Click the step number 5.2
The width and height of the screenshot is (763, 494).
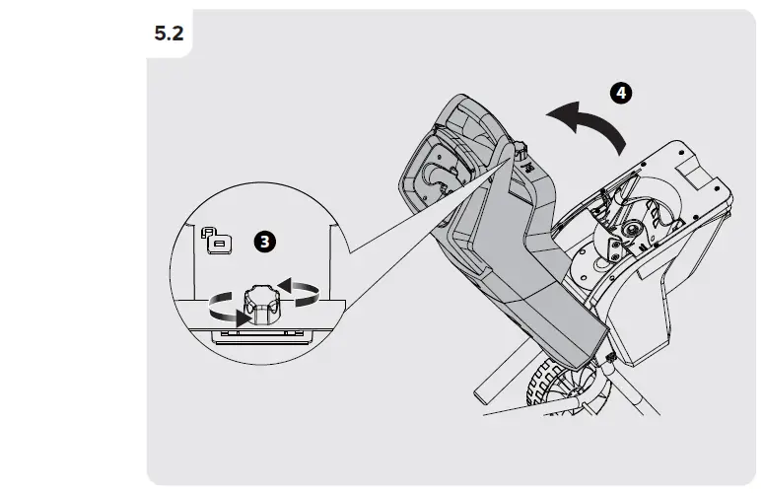169,34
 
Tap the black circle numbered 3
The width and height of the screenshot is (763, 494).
265,242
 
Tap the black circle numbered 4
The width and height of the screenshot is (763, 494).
621,93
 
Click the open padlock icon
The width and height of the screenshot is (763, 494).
217,240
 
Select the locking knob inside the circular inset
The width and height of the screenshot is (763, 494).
262,304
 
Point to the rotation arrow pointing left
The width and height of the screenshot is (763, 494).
299,292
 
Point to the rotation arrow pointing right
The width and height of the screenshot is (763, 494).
229,310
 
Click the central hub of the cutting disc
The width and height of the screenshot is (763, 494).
634,228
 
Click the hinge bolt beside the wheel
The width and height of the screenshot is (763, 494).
610,358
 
